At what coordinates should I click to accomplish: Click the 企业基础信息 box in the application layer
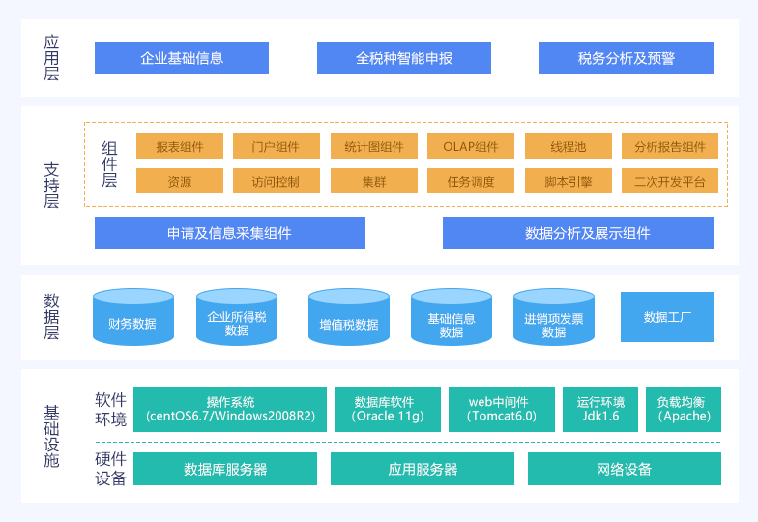pos(182,58)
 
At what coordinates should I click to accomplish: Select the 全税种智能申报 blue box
pos(404,58)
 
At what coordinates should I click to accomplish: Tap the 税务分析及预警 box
pos(627,58)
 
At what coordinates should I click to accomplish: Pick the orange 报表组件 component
pos(180,146)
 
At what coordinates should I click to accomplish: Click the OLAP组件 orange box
pos(471,146)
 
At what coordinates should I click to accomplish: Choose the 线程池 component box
pos(568,146)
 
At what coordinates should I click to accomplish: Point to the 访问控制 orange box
pos(277,181)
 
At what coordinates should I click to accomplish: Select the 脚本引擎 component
pos(568,181)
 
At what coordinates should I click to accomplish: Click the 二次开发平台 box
pos(670,181)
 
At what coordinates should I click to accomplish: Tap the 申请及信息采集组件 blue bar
pos(230,233)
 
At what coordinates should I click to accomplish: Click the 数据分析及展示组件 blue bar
pos(578,233)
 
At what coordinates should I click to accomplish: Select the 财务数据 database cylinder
pos(132,319)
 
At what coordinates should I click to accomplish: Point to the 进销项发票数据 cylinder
pos(554,319)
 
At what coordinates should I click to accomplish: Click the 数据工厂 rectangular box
pos(667,317)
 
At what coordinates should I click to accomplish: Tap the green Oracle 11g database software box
pos(388,409)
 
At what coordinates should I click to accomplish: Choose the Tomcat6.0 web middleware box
pos(502,409)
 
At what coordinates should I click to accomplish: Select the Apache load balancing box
pos(685,409)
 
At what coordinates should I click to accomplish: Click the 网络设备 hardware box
pos(625,469)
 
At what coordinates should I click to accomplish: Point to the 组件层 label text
pos(109,163)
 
